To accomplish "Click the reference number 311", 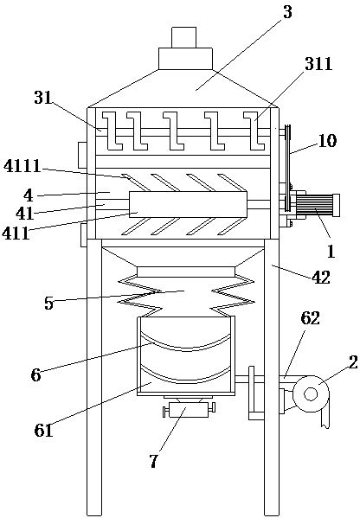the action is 318,64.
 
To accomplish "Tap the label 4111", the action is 22,166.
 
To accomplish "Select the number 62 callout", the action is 310,318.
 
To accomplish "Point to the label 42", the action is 321,277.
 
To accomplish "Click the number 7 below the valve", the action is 153,461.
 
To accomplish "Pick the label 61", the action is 43,430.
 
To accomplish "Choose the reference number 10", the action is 327,141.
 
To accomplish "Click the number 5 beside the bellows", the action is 49,303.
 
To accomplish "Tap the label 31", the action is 43,98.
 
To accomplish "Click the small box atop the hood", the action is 183,37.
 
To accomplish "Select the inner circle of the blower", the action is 311,393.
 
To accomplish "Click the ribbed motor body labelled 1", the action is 316,206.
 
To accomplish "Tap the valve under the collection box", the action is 189,410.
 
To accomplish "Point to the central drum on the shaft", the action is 188,204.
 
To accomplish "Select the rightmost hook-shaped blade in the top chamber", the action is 254,131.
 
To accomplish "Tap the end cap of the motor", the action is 337,206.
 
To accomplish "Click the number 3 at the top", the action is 287,12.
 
